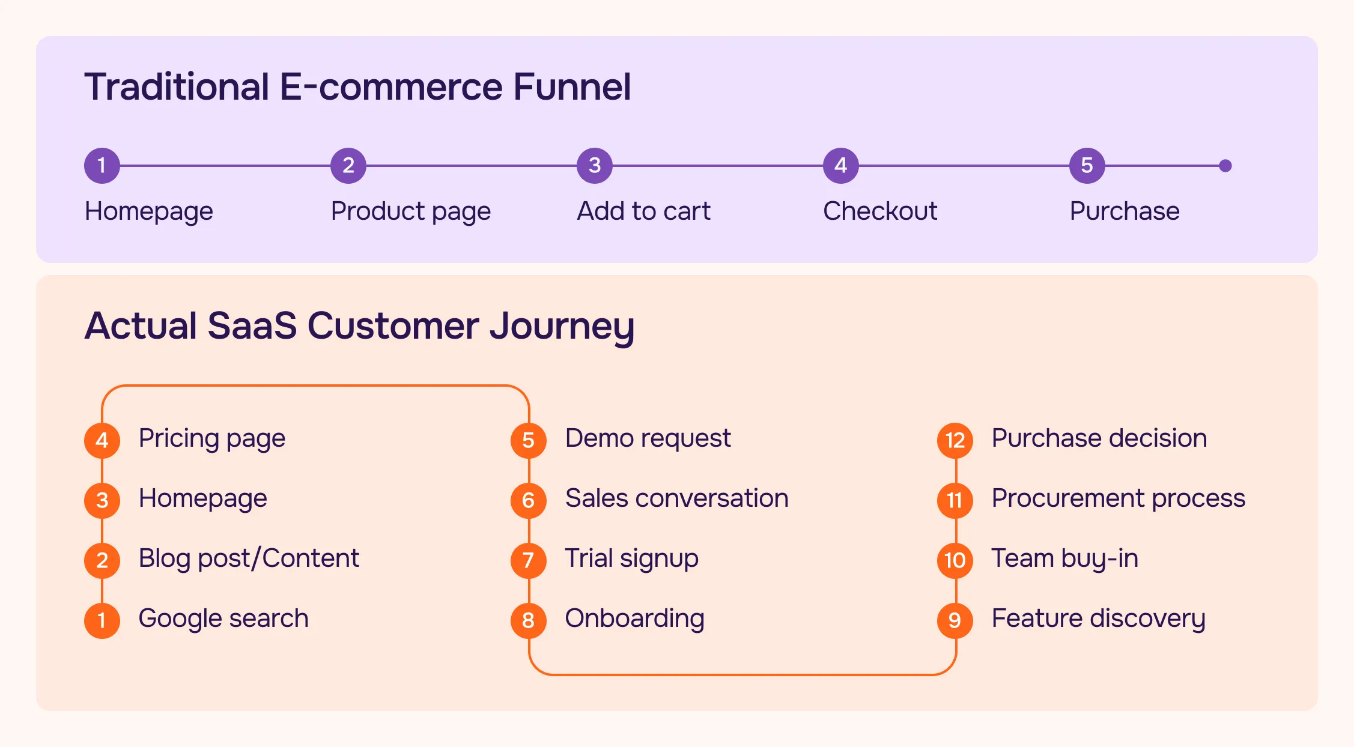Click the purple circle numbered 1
pyautogui.click(x=102, y=165)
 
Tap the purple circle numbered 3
pyautogui.click(x=595, y=165)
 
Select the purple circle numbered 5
pyautogui.click(x=1087, y=165)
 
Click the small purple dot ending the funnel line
pyautogui.click(x=1225, y=166)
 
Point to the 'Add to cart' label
pyautogui.click(x=643, y=211)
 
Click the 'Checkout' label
pyautogui.click(x=880, y=211)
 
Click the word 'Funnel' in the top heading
pyautogui.click(x=572, y=86)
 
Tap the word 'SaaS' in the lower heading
pyautogui.click(x=252, y=325)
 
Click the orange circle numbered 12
pyautogui.click(x=955, y=440)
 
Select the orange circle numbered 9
pyautogui.click(x=955, y=620)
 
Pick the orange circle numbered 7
pyautogui.click(x=529, y=560)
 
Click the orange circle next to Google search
pyautogui.click(x=102, y=620)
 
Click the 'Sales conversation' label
pyautogui.click(x=677, y=498)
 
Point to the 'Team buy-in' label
pyautogui.click(x=1064, y=558)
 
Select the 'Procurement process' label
pyautogui.click(x=1119, y=498)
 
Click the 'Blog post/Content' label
pyautogui.click(x=249, y=558)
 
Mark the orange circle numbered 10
pyautogui.click(x=955, y=560)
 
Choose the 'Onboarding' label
pyautogui.click(x=634, y=618)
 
